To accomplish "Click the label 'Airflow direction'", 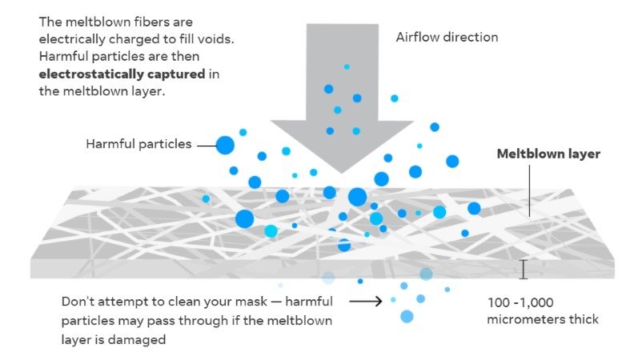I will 447,38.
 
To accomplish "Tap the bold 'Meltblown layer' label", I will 548,154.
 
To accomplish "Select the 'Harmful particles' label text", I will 138,145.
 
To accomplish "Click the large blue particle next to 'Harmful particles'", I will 225,145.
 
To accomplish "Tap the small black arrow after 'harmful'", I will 367,302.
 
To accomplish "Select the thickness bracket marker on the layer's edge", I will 524,270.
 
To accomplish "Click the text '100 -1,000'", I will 520,302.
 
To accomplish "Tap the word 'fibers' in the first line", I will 171,22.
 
